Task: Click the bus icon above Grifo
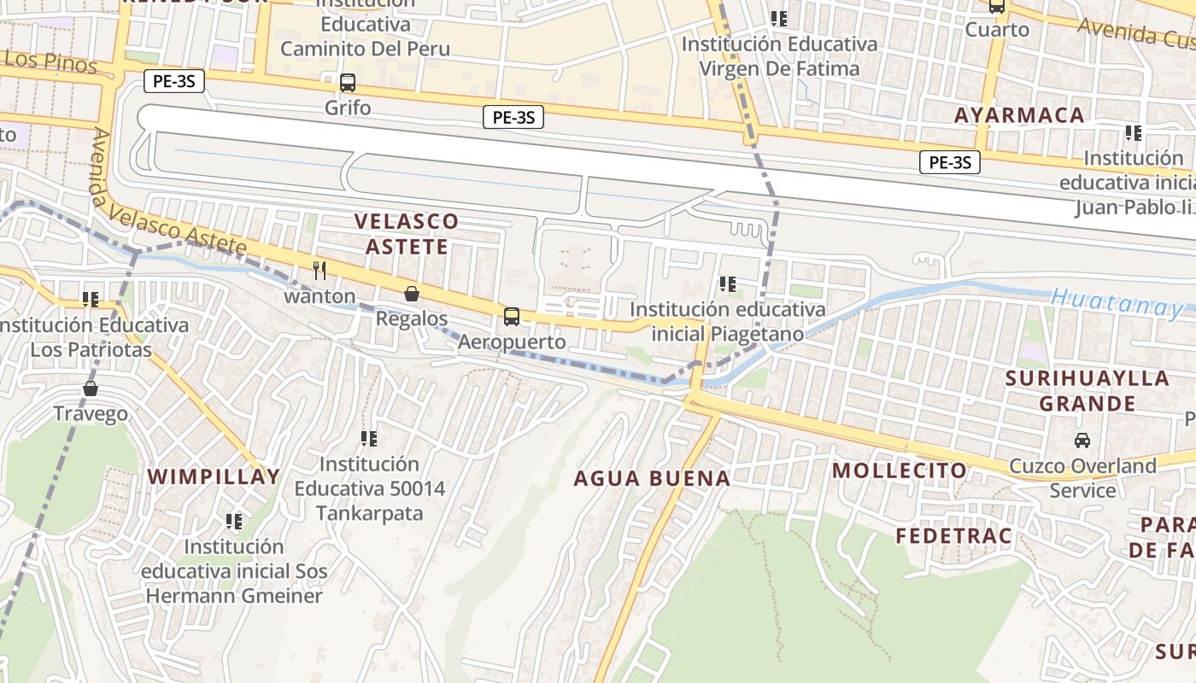tap(347, 83)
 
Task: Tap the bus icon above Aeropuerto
tap(512, 317)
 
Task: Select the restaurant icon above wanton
tap(320, 271)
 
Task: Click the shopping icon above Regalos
tap(412, 294)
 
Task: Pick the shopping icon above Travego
tap(91, 388)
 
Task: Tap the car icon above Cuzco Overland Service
tap(1082, 441)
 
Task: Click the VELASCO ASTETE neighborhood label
tap(407, 234)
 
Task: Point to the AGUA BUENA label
tap(652, 478)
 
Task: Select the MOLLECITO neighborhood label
tap(900, 470)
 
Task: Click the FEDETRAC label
tap(953, 536)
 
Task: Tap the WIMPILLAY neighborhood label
tap(214, 476)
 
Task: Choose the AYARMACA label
tap(1019, 115)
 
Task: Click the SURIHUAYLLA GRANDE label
tap(1075, 391)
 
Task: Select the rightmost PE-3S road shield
tap(949, 162)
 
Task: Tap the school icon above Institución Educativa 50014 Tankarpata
tap(369, 439)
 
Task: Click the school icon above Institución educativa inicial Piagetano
tap(728, 283)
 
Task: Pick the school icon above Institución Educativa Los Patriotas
tap(91, 300)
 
